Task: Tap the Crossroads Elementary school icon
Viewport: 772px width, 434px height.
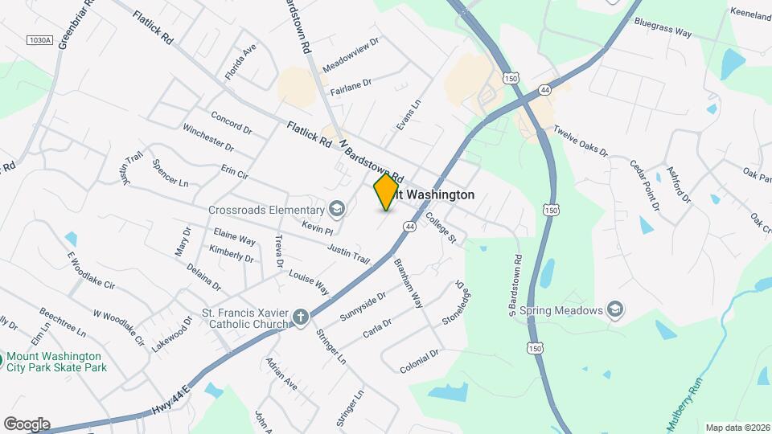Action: tap(337, 211)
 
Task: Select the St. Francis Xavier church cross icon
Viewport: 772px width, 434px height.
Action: tap(300, 317)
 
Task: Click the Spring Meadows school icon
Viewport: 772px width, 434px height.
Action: tap(614, 310)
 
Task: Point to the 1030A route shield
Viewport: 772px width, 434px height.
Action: tap(39, 39)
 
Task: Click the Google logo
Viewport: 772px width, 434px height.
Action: tap(27, 424)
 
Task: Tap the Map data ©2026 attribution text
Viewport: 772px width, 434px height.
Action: tap(737, 428)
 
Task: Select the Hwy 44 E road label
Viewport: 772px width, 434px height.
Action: tap(173, 400)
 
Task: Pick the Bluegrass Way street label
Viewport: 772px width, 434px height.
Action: tap(663, 28)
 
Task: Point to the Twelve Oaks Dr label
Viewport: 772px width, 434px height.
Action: tap(581, 142)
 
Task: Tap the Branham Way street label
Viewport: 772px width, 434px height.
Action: tap(408, 283)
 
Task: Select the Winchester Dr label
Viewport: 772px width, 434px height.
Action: tap(207, 137)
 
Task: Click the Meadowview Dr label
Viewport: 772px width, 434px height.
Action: tap(351, 57)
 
